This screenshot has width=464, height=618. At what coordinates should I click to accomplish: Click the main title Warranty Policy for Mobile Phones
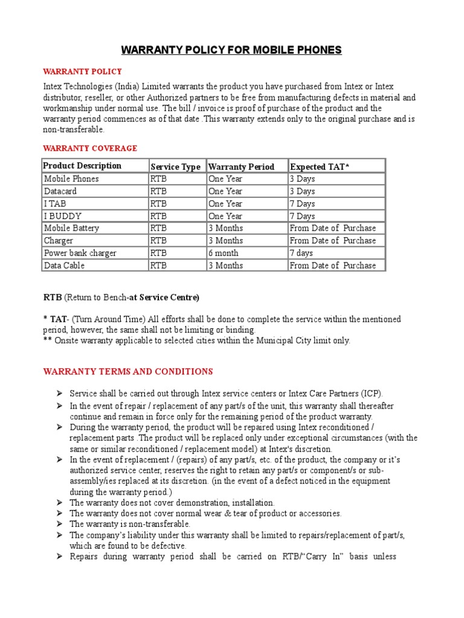point(232,49)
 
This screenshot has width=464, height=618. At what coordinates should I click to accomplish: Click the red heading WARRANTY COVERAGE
point(90,148)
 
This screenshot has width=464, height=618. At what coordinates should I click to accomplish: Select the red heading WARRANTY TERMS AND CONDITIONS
point(127,371)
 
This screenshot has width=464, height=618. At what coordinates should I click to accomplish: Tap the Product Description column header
point(82,166)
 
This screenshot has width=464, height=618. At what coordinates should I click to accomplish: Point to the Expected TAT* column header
point(320,167)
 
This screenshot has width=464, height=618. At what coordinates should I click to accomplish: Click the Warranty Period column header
point(241,167)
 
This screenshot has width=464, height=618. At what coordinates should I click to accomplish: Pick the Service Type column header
point(175,167)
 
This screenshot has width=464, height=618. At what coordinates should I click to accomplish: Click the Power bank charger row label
point(80,253)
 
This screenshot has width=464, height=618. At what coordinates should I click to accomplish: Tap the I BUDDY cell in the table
point(63,216)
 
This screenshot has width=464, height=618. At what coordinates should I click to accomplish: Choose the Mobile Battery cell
point(71,228)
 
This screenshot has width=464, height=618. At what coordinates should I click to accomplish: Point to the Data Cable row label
point(64,266)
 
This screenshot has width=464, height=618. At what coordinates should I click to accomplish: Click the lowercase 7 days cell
point(301,253)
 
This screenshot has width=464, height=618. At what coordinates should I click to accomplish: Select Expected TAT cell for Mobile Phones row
point(302,179)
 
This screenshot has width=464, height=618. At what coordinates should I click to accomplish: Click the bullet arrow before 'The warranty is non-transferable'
point(60,524)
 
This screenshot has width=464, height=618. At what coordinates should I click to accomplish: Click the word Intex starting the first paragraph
point(53,87)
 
